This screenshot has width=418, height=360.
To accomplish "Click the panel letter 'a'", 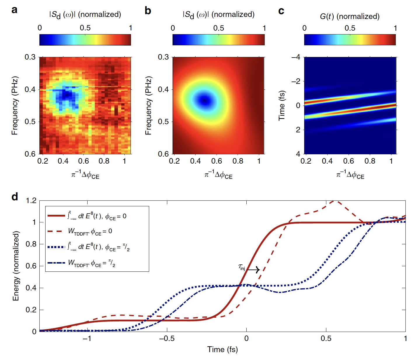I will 14,10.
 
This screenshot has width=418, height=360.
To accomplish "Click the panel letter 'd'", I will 15,197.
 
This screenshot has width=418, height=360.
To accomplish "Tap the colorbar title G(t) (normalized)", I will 350,16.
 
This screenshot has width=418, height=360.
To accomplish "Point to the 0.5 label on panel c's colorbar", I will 350,28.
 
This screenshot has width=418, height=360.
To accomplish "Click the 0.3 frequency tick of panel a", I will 30,57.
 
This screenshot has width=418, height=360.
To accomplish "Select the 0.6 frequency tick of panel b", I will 163,154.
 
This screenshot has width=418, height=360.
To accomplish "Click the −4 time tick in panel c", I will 296,57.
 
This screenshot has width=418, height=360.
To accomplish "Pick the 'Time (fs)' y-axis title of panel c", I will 282,105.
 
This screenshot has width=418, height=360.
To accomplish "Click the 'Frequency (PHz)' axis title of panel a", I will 15,105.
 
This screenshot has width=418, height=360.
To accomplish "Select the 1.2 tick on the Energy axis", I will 31,201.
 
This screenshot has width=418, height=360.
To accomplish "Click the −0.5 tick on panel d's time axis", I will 167,338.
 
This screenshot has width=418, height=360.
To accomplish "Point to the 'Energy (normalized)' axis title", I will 16,266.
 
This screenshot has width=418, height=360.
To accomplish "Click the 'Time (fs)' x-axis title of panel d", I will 222,349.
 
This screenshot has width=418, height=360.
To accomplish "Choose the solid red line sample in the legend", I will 56,216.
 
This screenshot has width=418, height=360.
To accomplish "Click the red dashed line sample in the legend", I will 56,231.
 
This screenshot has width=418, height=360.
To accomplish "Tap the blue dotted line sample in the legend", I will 56,247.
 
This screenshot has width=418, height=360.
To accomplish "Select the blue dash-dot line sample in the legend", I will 56,263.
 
